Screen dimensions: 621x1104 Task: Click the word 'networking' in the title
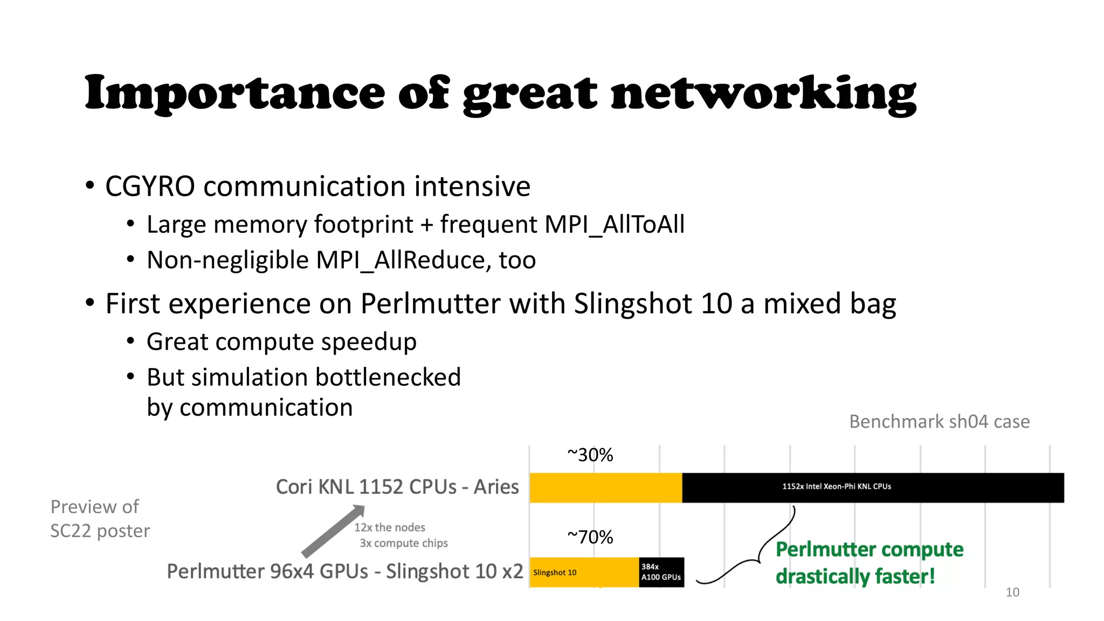point(763,93)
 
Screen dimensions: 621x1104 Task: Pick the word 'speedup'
point(369,342)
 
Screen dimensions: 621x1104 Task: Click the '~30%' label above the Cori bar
point(590,455)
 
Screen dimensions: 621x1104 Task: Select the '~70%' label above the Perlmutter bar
point(590,537)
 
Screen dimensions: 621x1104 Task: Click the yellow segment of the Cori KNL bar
point(605,488)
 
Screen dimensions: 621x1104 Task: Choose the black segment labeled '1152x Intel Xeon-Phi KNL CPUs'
point(873,488)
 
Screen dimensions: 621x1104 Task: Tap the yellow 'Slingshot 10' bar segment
point(584,572)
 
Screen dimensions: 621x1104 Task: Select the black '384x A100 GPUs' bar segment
point(661,572)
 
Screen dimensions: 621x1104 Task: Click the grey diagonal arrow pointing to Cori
point(333,531)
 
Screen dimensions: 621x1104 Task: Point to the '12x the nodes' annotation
point(390,527)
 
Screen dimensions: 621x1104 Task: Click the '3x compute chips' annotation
point(404,543)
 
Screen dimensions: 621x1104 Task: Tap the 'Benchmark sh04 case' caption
point(939,422)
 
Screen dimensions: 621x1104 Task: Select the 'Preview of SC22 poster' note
point(100,519)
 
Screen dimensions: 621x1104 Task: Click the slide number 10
point(1012,592)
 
